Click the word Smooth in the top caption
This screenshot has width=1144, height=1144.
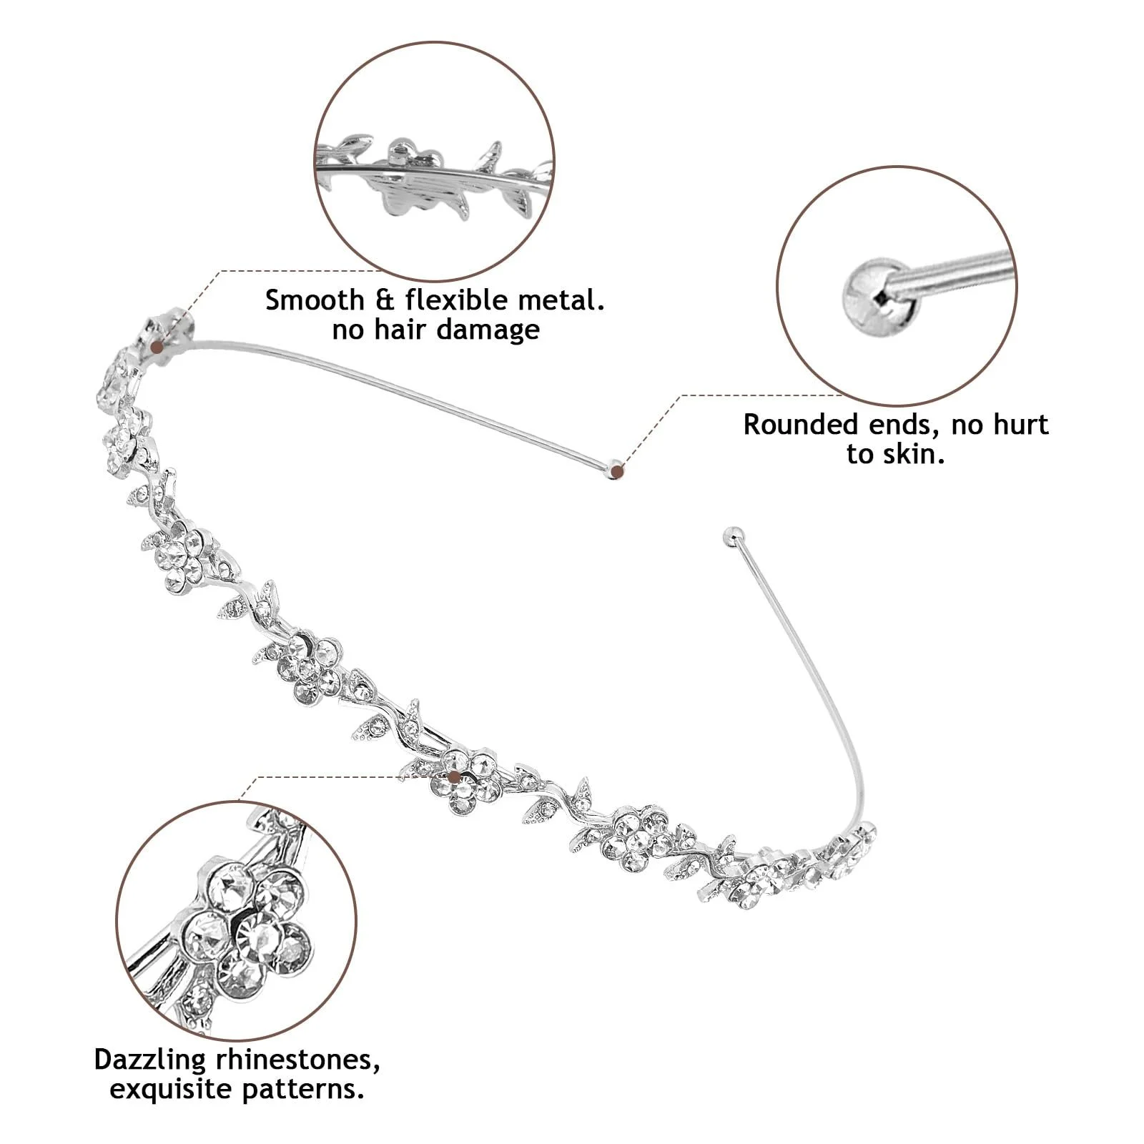point(315,300)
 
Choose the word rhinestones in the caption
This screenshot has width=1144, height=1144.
point(296,1060)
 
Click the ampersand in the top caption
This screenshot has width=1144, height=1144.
point(385,300)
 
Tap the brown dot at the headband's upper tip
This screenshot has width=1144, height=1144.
point(618,471)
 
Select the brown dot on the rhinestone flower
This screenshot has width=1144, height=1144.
point(453,776)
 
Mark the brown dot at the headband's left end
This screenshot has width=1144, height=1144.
point(157,347)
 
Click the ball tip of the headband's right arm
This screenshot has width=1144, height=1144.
point(733,535)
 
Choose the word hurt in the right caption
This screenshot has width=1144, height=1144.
point(1020,425)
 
